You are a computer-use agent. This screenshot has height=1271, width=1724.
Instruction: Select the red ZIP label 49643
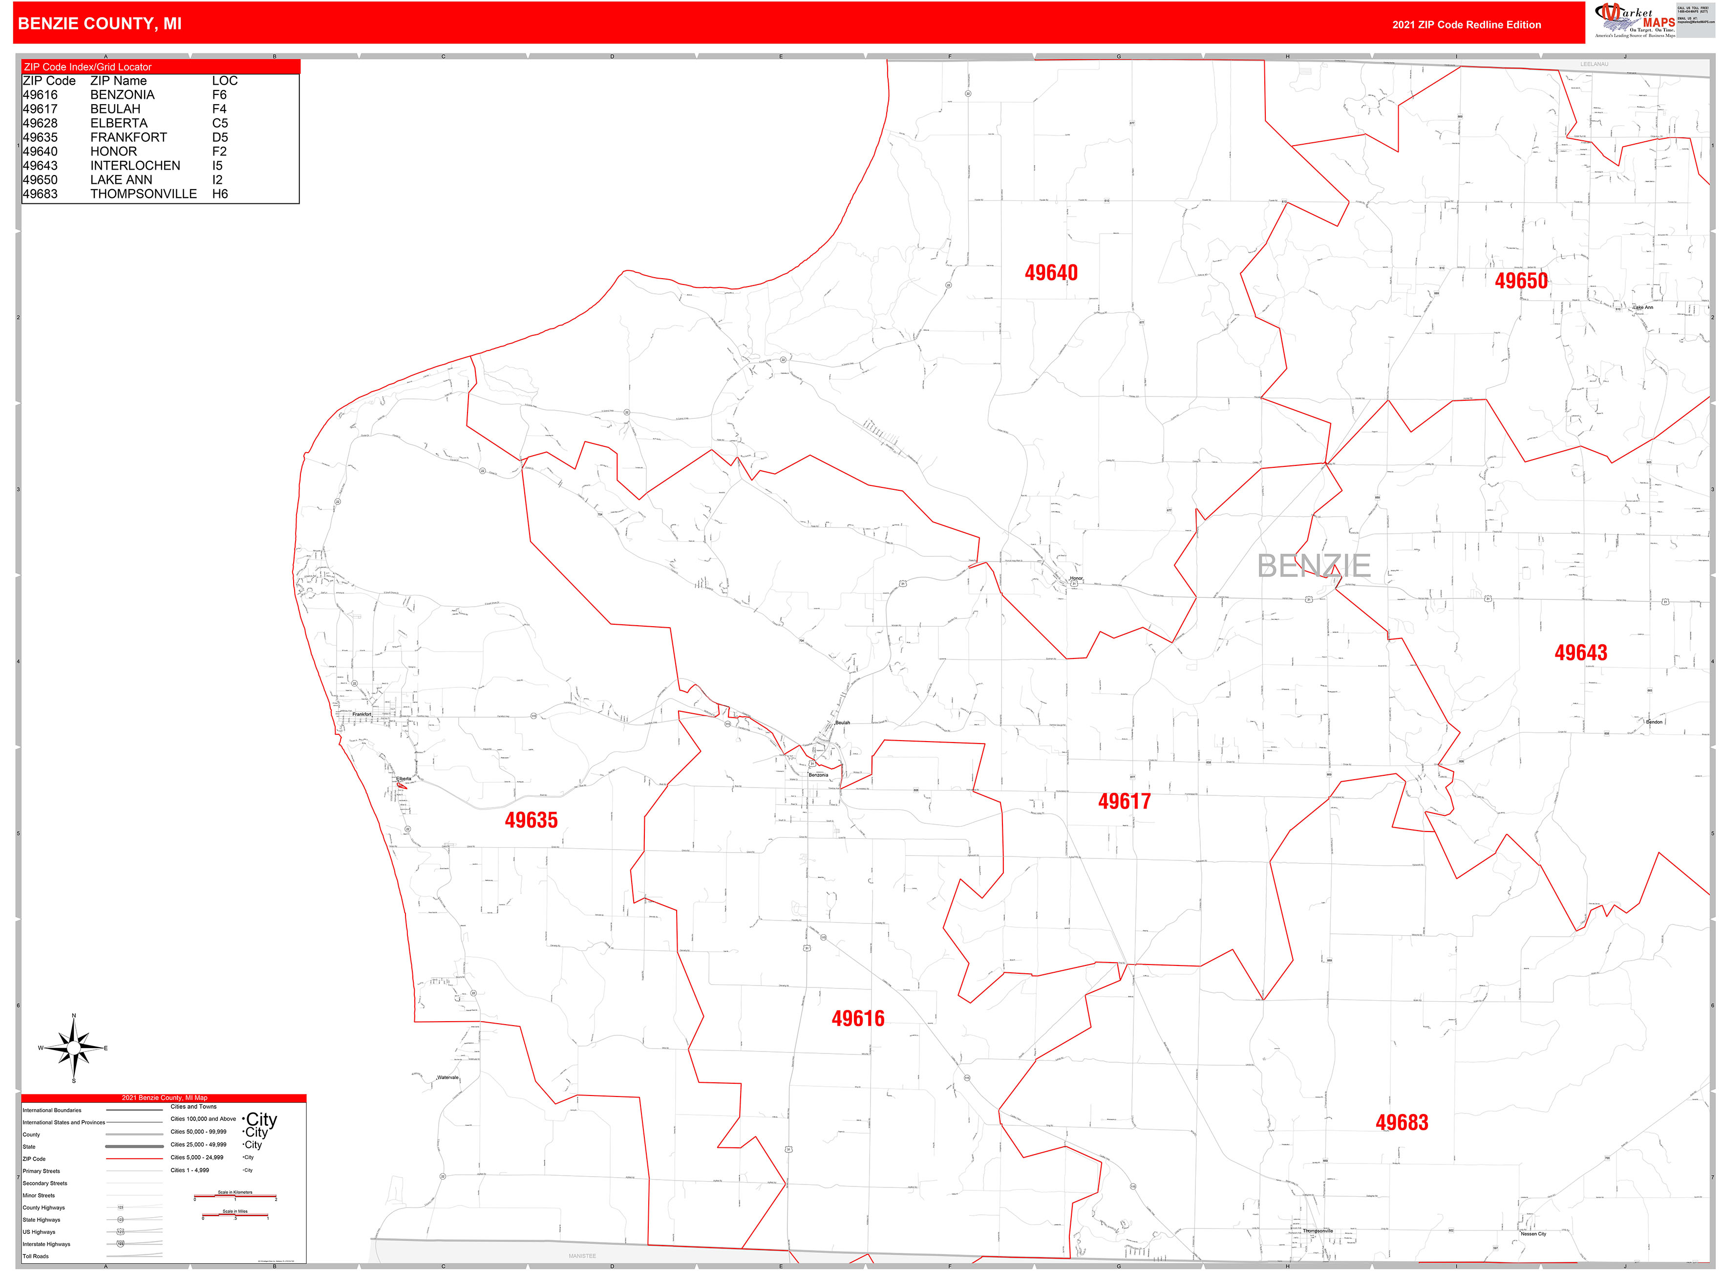(1580, 653)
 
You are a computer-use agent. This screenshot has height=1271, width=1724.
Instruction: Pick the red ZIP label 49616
(857, 1019)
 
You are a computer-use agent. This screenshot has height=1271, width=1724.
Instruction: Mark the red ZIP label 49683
(1401, 1122)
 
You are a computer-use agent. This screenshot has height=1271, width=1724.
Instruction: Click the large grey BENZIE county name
(1313, 566)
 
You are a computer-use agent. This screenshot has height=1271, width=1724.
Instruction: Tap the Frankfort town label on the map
(362, 715)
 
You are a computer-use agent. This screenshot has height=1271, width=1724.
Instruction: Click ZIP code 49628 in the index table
(40, 123)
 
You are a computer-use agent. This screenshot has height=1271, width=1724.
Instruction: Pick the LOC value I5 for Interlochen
(217, 165)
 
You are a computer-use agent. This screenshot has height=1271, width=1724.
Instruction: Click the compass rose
(74, 1048)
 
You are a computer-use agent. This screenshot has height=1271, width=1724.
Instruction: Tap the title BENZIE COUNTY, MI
(100, 24)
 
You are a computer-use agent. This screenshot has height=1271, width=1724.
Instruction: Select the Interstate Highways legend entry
(46, 1244)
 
